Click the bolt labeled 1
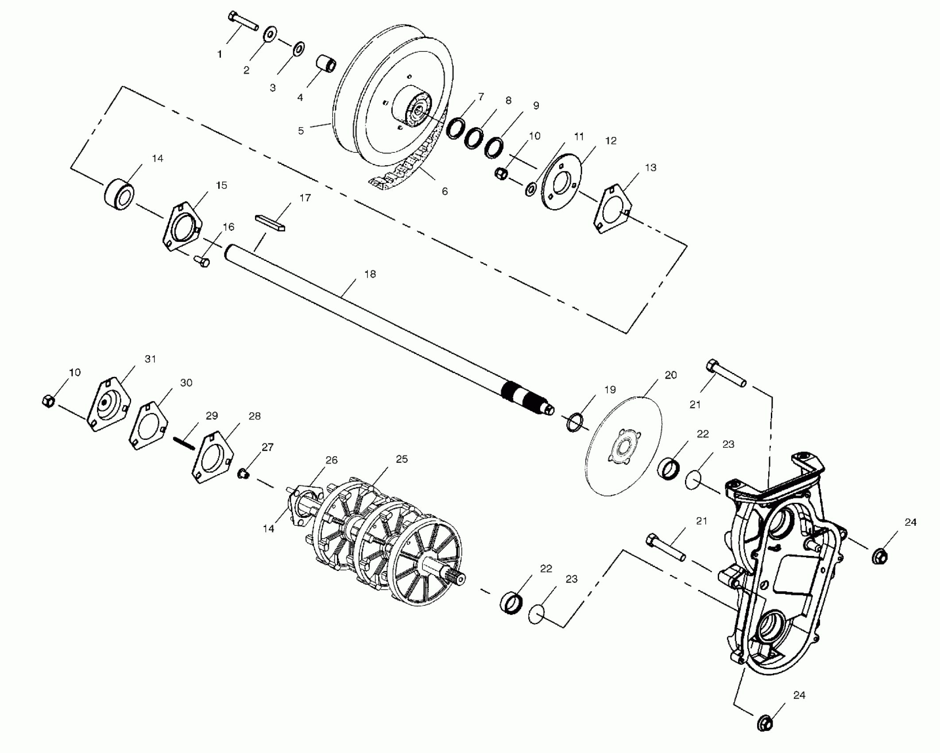pyautogui.click(x=243, y=22)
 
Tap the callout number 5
pyautogui.click(x=301, y=131)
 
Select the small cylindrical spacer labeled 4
pyautogui.click(x=327, y=65)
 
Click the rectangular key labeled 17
pyautogui.click(x=270, y=222)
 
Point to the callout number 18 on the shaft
pyautogui.click(x=370, y=274)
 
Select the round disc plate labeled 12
pyautogui.click(x=561, y=181)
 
